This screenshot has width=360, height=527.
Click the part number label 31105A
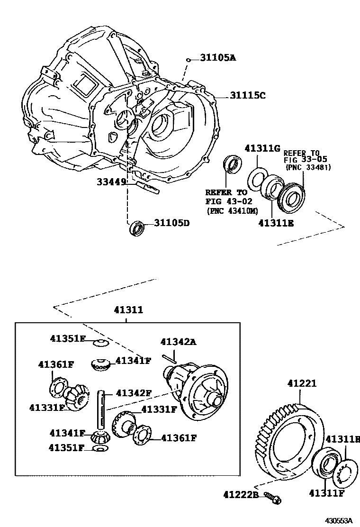(217, 58)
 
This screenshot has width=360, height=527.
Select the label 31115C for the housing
(248, 95)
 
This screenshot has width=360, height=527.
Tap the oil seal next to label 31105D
(137, 227)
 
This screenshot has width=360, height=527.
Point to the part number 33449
(112, 181)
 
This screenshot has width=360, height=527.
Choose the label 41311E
(276, 222)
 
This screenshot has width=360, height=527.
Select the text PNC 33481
(308, 167)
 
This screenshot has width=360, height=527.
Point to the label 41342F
(134, 392)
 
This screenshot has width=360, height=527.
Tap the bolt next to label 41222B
(272, 497)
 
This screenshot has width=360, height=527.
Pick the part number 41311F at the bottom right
(326, 494)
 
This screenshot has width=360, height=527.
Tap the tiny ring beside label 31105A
(189, 60)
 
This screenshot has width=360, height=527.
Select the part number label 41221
(301, 383)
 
